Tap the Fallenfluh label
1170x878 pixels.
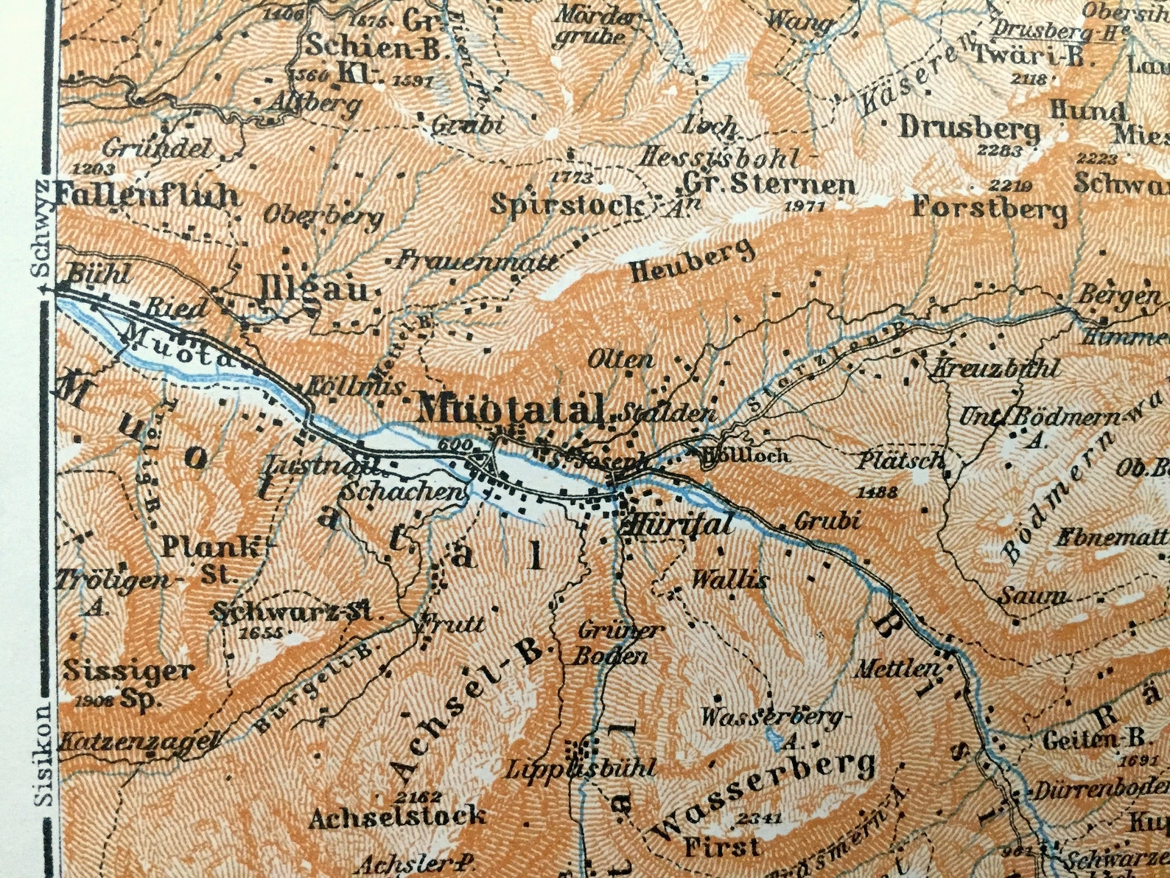point(147,196)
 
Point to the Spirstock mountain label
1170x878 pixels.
point(566,204)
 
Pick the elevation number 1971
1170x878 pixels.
point(803,207)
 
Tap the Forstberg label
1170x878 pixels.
point(989,209)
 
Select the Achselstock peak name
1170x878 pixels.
point(397,816)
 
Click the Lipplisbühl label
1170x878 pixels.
point(580,769)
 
